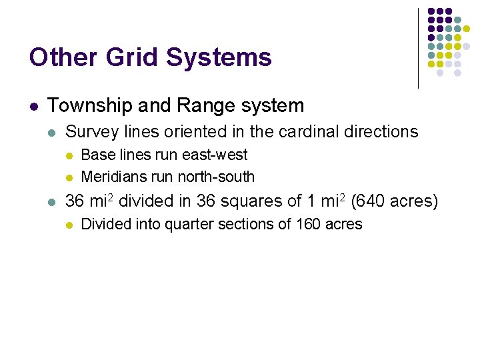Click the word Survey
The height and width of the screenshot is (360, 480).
pyautogui.click(x=89, y=132)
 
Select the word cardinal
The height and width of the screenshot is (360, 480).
pyautogui.click(x=307, y=132)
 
